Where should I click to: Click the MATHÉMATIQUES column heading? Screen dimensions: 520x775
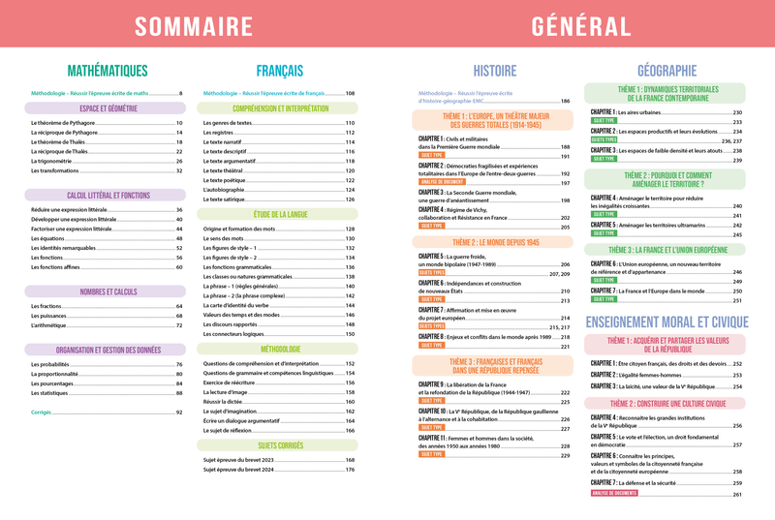[x=108, y=71]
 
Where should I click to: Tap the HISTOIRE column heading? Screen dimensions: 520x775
[x=494, y=71]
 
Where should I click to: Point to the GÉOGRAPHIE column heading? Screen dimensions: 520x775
[x=667, y=71]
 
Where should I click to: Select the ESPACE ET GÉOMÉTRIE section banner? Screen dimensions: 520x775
[x=108, y=108]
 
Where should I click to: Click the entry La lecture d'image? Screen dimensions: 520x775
[x=225, y=391]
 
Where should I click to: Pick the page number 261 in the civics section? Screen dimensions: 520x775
[x=737, y=495]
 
